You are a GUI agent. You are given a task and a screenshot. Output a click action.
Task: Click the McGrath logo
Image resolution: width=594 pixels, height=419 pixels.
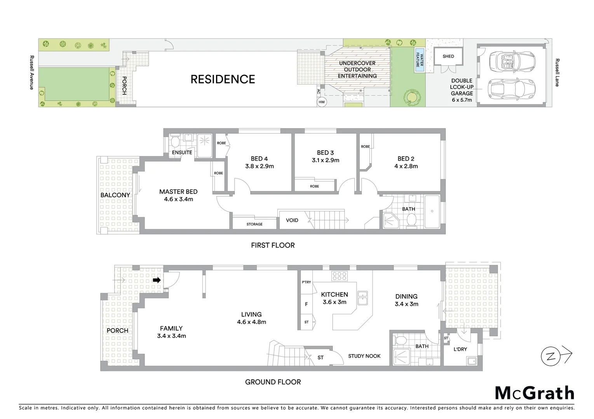[x=534, y=393]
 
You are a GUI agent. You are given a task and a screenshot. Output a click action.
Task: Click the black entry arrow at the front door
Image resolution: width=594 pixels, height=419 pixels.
[x=157, y=280]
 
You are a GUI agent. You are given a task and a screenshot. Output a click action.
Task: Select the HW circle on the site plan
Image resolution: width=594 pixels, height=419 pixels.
[x=321, y=102]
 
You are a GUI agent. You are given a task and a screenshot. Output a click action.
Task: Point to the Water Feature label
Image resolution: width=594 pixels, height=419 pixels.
[x=420, y=59]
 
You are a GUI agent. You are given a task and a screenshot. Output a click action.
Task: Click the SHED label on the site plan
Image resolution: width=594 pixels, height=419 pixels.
[x=448, y=56]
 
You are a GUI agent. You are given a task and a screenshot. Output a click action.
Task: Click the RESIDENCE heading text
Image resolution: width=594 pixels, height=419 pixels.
[x=223, y=79]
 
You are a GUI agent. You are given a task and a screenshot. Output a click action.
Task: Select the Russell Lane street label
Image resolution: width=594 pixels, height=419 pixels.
[x=557, y=73]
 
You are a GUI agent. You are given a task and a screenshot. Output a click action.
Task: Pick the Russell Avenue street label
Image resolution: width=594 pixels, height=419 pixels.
[x=32, y=73]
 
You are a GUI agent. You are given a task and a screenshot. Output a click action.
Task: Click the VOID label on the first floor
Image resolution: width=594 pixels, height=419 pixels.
[x=292, y=220]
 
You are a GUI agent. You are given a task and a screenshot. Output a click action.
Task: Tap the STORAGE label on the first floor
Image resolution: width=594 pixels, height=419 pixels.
[x=254, y=224]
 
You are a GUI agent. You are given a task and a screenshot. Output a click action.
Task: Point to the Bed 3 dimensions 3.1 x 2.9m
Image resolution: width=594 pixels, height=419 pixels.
[x=325, y=160]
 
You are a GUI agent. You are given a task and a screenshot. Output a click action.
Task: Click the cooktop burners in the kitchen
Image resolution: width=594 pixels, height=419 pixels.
[x=339, y=276]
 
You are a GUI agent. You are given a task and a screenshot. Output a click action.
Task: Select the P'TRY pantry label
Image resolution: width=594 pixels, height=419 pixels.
[x=306, y=282]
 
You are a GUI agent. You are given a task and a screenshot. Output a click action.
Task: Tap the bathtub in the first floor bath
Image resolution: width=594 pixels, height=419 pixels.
[x=432, y=212]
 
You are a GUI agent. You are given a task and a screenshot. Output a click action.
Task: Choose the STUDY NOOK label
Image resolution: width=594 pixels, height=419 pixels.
[x=364, y=356]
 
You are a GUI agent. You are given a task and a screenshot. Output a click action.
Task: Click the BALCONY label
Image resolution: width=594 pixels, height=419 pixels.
[x=115, y=195]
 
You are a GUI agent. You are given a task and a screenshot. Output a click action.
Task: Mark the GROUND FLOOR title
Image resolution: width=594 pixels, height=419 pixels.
[x=273, y=382]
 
